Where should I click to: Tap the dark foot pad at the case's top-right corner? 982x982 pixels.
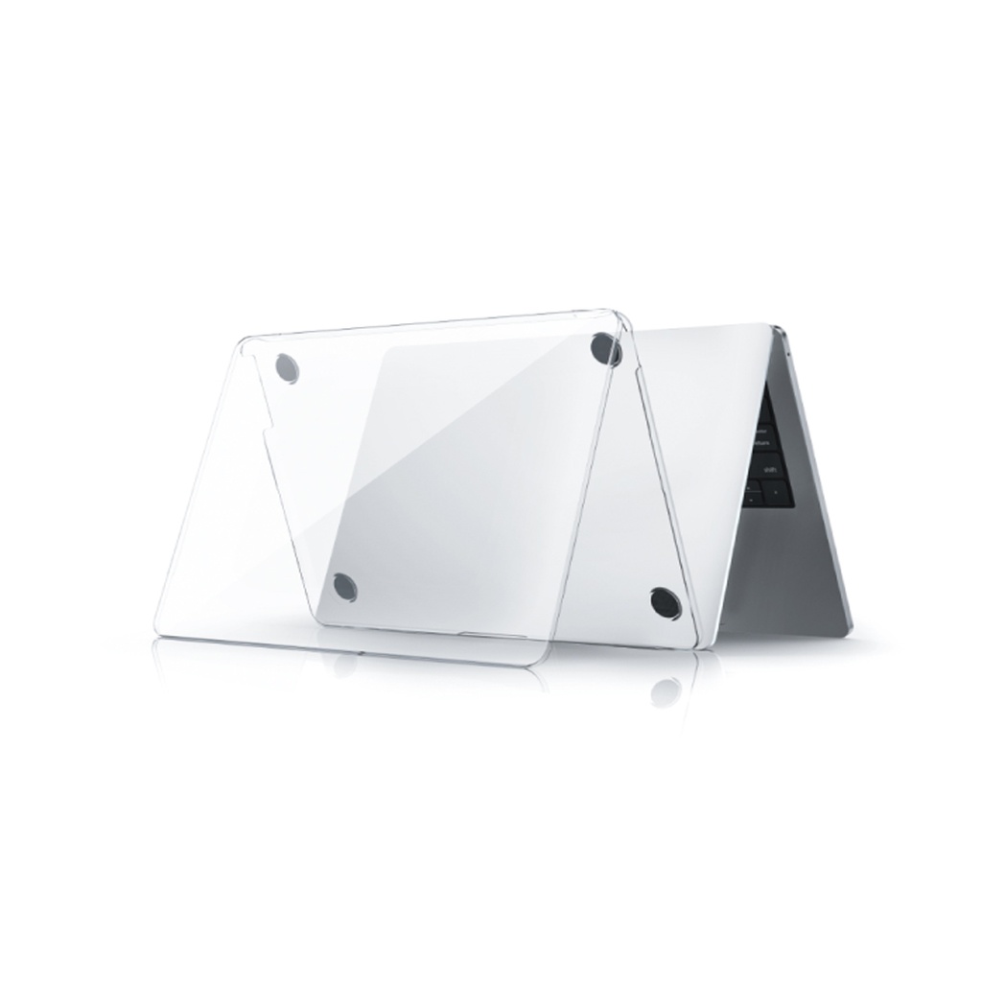(605, 348)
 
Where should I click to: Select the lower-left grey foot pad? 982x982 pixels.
(344, 587)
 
